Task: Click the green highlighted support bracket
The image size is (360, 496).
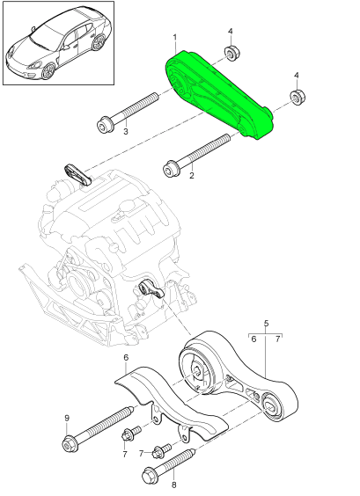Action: coord(219,97)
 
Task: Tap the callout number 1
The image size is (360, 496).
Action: coord(174,38)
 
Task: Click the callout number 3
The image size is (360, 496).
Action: coord(125,133)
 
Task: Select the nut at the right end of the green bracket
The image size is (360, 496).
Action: coord(298,97)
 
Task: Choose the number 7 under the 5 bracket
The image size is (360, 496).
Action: coord(278,338)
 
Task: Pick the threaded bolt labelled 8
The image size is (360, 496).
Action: coord(172,465)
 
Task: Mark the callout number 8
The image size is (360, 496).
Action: coord(173,484)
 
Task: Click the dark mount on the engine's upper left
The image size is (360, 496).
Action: coord(78,173)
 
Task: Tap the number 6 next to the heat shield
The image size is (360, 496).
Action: coord(126,357)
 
